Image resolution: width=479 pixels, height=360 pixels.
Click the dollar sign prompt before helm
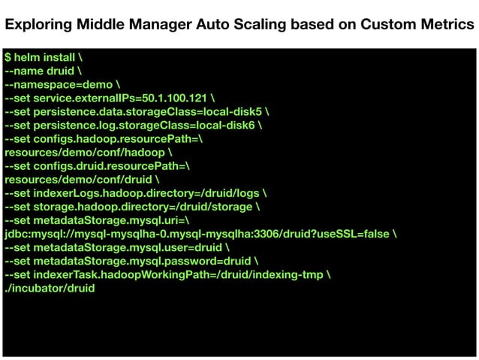tap(8, 57)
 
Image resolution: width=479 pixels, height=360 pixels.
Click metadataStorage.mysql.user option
tap(113, 247)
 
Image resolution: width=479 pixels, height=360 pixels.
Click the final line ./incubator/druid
tap(50, 288)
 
